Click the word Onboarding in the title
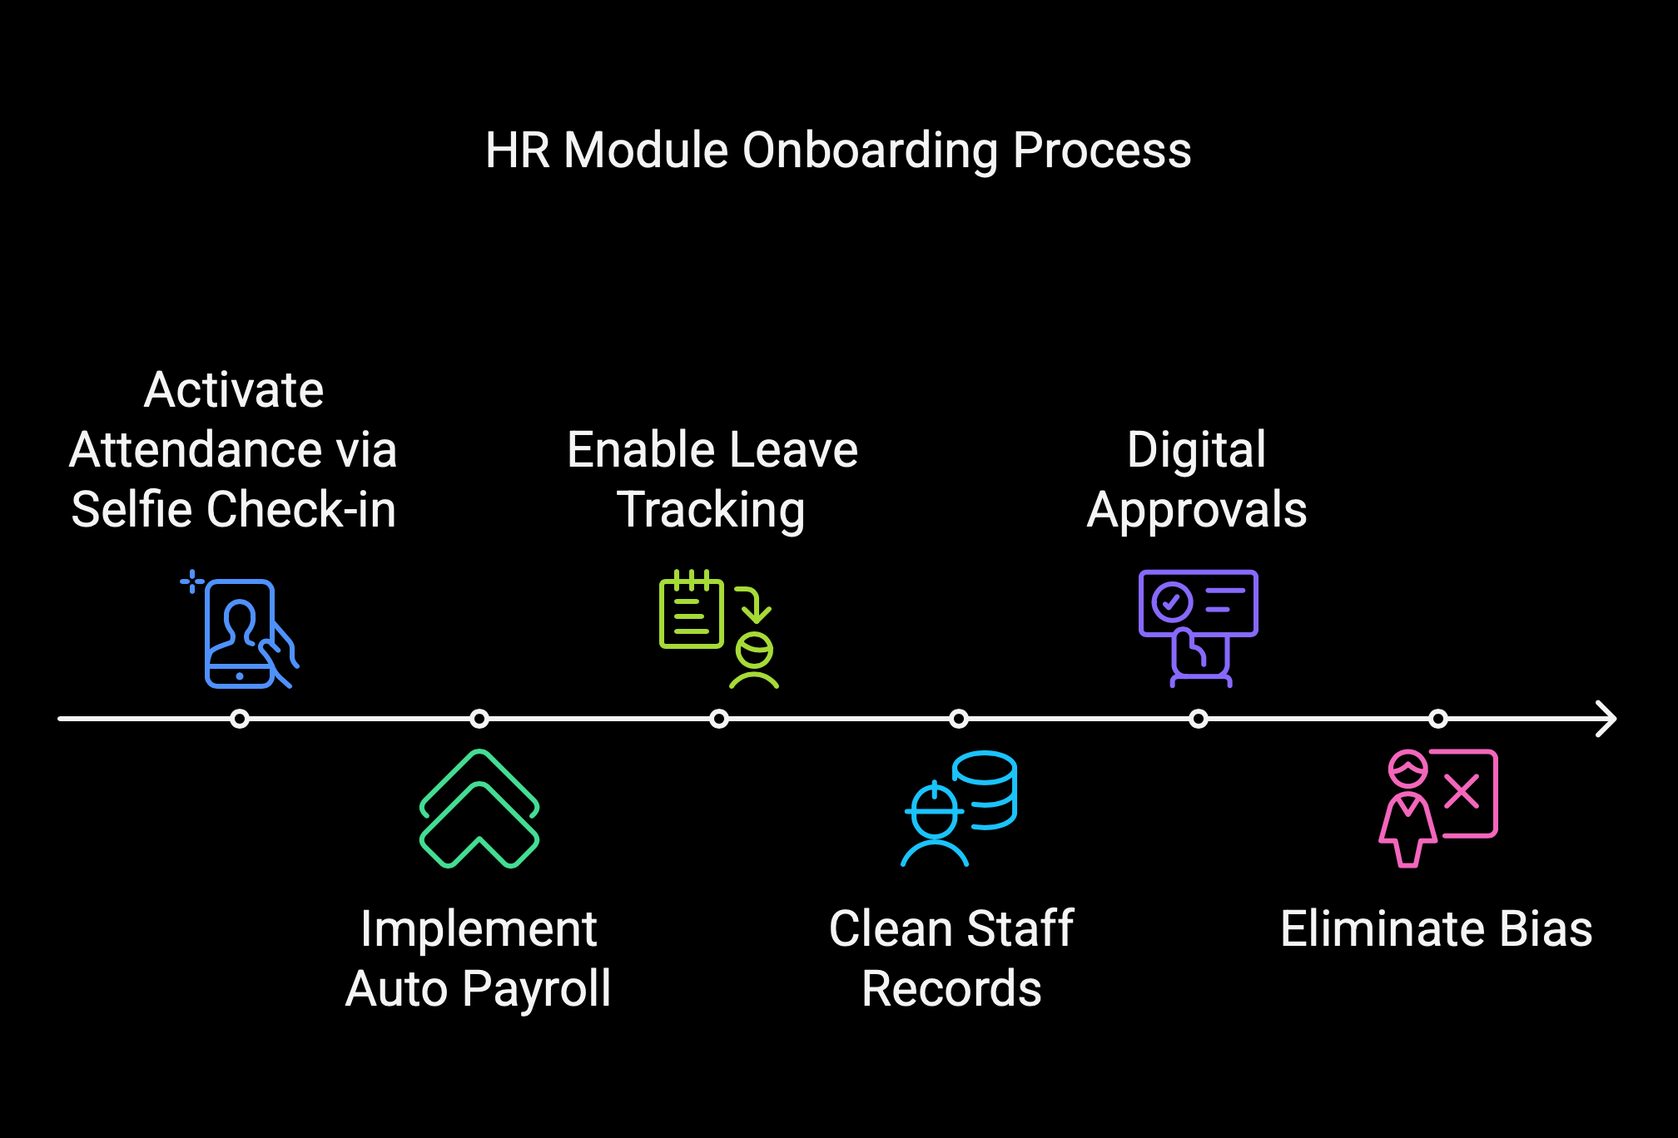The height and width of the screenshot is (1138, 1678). coord(870,151)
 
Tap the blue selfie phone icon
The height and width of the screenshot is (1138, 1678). coord(240,630)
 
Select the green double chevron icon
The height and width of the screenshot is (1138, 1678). coord(479,809)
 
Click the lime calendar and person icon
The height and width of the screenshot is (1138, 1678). coord(719,630)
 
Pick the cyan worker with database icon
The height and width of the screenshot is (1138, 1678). coord(959,809)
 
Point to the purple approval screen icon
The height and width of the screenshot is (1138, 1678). coord(1199,630)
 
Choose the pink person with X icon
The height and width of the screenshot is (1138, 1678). coord(1438,809)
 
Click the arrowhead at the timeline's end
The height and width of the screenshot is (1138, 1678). coord(1606,719)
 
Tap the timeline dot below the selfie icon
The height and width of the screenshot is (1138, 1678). coord(240,719)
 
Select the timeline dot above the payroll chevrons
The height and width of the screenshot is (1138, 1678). coord(479,719)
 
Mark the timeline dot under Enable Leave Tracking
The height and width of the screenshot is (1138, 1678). coord(719,719)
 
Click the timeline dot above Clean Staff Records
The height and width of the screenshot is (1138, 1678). coord(959,719)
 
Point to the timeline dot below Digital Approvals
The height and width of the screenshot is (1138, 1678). coord(1199,719)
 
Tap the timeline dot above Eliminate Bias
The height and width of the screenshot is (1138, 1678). coord(1438,719)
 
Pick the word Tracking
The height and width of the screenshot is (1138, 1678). coord(711,511)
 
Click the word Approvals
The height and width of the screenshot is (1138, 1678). coord(1197,511)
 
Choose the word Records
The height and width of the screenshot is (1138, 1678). coord(951,989)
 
